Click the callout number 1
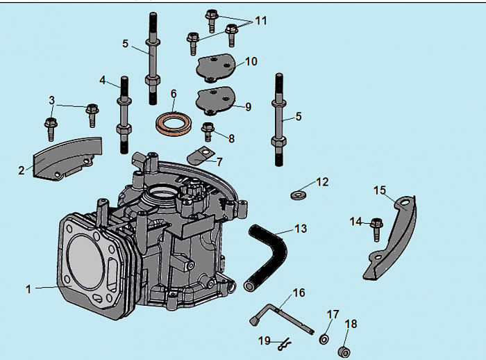[x=28, y=288]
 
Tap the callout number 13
[x=300, y=229]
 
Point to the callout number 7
[x=219, y=162]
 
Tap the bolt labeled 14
[x=376, y=228]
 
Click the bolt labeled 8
[x=207, y=129]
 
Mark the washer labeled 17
[x=324, y=339]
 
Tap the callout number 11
[x=260, y=21]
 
